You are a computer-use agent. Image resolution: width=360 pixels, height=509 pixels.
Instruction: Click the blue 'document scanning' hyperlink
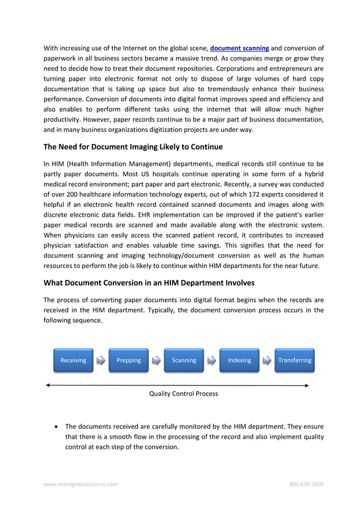click(x=239, y=48)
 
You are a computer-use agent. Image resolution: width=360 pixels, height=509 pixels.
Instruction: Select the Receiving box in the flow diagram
click(x=73, y=360)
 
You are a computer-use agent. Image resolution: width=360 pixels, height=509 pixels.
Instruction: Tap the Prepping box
click(x=129, y=360)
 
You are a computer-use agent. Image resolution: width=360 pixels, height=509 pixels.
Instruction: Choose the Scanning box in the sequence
click(x=184, y=360)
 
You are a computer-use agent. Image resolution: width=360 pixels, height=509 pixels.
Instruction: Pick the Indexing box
click(x=239, y=360)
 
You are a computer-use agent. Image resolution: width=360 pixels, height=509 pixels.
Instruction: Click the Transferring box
click(x=295, y=360)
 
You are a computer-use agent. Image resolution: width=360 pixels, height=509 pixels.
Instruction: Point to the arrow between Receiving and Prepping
click(x=100, y=360)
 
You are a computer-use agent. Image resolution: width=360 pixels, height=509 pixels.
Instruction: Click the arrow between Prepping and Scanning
click(x=156, y=360)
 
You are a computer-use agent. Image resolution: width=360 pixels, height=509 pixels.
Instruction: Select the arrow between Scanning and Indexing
click(x=212, y=360)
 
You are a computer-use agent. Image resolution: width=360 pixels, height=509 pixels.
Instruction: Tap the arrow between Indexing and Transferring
click(x=267, y=360)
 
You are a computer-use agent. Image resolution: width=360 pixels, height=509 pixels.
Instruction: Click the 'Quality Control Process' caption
click(x=183, y=393)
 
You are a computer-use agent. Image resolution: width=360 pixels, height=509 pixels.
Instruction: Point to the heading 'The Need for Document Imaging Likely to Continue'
click(x=133, y=147)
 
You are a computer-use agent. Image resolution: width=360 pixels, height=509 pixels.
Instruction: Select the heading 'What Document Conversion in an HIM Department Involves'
click(x=150, y=282)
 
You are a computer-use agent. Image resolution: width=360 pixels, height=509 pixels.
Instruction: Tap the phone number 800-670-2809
click(x=306, y=484)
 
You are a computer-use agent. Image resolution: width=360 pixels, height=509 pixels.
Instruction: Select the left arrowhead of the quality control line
click(x=48, y=385)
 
